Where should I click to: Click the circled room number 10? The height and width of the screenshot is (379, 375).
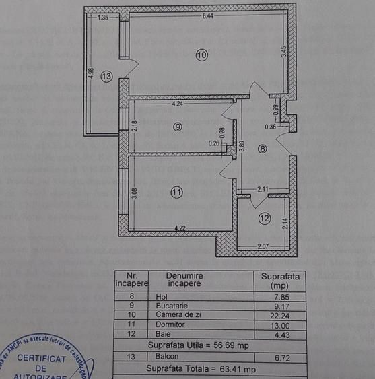[x=202, y=55]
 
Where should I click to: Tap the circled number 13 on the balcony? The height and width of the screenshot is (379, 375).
[x=106, y=77]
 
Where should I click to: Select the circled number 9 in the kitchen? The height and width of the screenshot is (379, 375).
[x=177, y=127]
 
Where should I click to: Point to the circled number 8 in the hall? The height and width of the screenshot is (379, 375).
[x=262, y=149]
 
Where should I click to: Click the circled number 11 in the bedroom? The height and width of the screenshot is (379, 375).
[x=176, y=192]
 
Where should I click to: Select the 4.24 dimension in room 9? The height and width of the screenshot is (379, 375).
[x=178, y=104]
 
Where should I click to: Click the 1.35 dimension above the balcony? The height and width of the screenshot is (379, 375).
[x=103, y=18]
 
